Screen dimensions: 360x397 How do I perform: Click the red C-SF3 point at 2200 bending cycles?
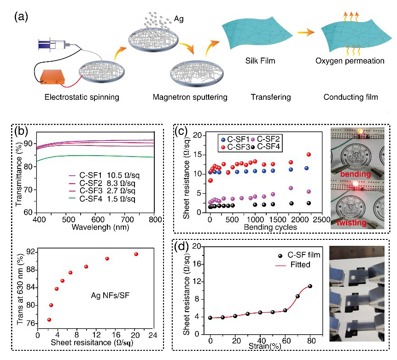tap(309, 155)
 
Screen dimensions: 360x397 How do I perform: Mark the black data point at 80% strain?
tap(310, 286)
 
